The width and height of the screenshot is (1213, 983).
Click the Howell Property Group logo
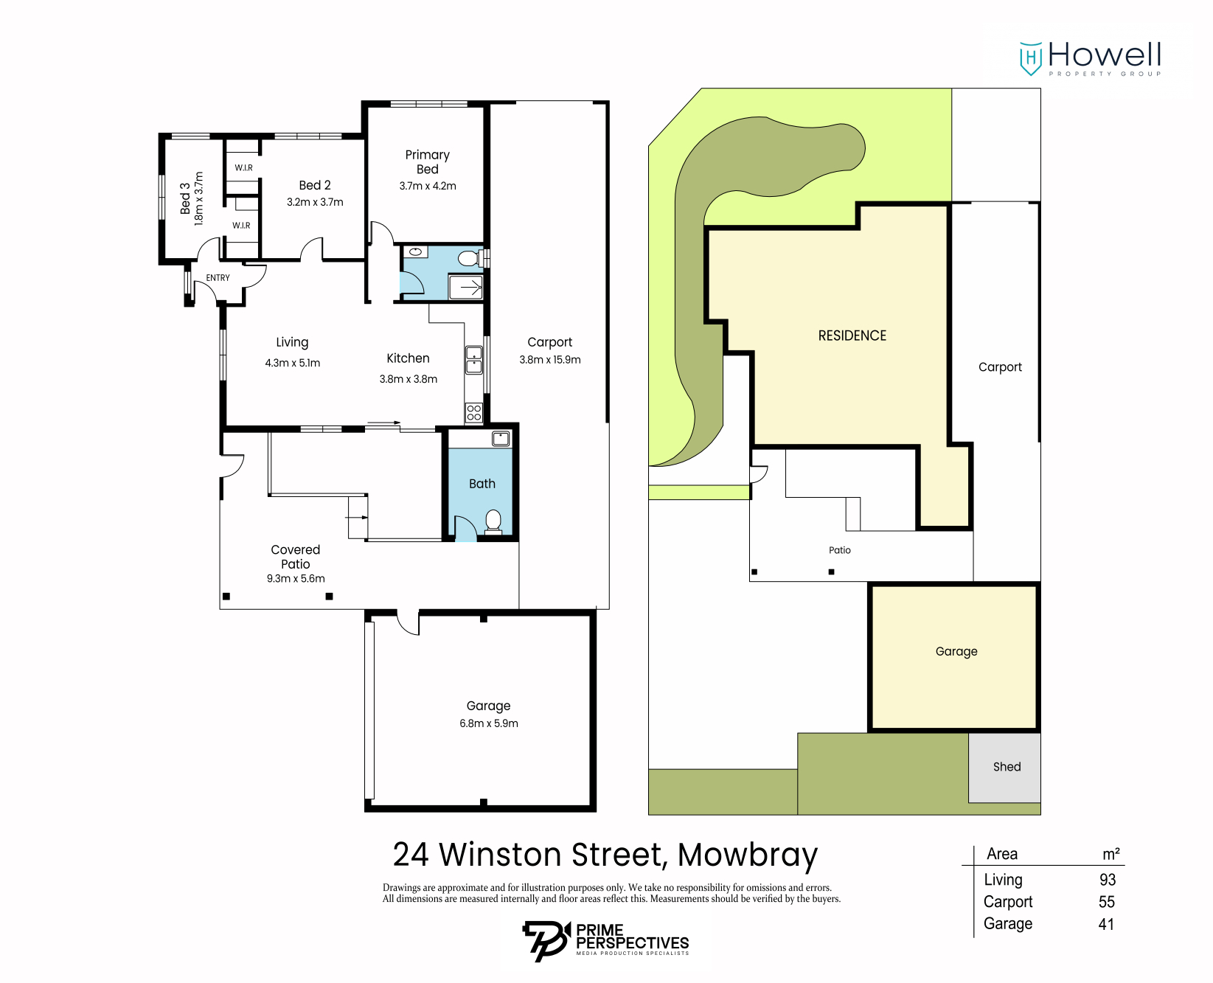pos(1090,58)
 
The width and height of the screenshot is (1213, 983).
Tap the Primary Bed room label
pos(427,161)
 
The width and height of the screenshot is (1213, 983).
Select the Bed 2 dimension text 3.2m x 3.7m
pos(315,202)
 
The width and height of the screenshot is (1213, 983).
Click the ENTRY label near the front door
pos(218,278)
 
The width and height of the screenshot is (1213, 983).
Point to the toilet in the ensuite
pos(468,258)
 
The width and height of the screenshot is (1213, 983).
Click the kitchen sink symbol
pos(473,360)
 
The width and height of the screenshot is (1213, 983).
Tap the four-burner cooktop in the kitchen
pos(473,413)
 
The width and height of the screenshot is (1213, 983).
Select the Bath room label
pos(482,484)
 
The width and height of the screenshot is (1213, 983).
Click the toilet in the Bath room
pos(493,521)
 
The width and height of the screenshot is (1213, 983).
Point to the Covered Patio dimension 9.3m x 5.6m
pos(296,579)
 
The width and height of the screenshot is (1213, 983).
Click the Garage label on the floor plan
pos(488,706)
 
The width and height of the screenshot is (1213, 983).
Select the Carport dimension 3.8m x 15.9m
pos(550,360)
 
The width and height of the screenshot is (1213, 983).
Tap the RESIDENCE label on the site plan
pos(852,336)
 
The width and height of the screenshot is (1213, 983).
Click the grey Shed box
pos(1006,767)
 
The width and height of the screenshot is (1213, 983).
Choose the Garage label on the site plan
pos(956,651)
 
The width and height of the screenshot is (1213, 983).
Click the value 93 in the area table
pos(1107,880)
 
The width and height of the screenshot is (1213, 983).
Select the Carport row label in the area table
pos(1007,902)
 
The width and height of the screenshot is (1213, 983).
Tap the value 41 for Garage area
pos(1106,924)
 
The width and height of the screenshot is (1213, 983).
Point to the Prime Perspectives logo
pos(605,940)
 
